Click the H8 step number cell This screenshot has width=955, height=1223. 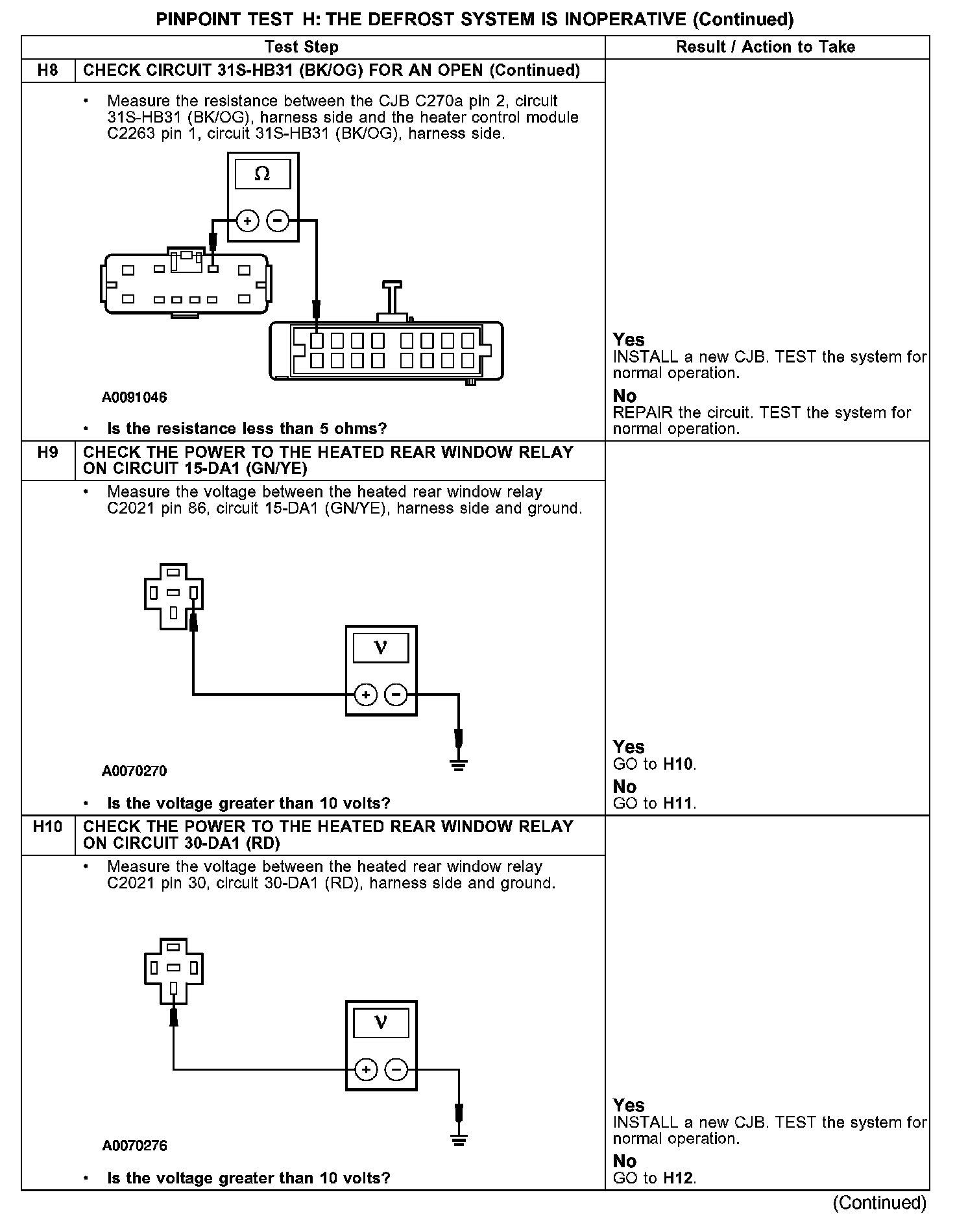pyautogui.click(x=47, y=70)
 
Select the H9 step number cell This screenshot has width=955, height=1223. pyautogui.click(x=47, y=452)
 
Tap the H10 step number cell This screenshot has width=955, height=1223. pyautogui.click(x=48, y=827)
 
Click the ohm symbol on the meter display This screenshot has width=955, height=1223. pyautogui.click(x=262, y=174)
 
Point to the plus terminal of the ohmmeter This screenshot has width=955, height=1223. pyautogui.click(x=247, y=221)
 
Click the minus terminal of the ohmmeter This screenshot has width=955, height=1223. pyautogui.click(x=278, y=221)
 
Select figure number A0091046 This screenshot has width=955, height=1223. pyautogui.click(x=134, y=398)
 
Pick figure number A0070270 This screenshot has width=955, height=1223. pyautogui.click(x=134, y=771)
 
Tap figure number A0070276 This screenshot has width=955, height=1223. pyautogui.click(x=134, y=1146)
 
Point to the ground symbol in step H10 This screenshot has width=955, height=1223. pyautogui.click(x=459, y=1140)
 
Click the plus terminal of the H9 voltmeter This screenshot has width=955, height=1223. pyautogui.click(x=366, y=695)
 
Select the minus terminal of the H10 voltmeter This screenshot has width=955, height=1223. pyautogui.click(x=396, y=1070)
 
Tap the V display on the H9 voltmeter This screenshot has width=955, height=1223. pyautogui.click(x=381, y=647)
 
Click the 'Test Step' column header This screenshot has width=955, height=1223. pyautogui.click(x=302, y=47)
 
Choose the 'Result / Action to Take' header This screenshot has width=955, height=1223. pyautogui.click(x=766, y=47)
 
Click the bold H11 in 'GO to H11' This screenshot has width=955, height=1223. pyautogui.click(x=679, y=803)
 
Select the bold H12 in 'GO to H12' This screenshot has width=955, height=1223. pyautogui.click(x=679, y=1178)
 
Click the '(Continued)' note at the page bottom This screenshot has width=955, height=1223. pyautogui.click(x=879, y=1203)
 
